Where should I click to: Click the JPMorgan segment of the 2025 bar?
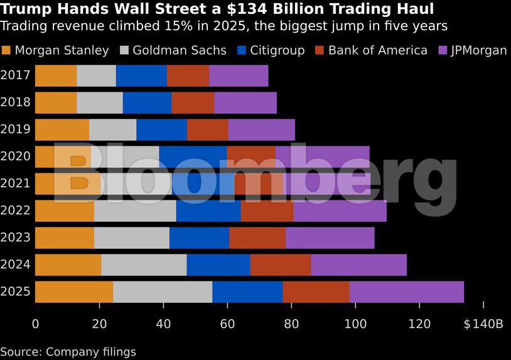point(406,292)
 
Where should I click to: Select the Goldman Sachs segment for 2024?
point(144,265)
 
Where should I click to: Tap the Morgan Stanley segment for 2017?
point(56,75)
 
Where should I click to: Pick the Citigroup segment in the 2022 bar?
point(208,211)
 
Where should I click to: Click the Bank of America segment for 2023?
point(257,238)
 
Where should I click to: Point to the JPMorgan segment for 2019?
point(261,129)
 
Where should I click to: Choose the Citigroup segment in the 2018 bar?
point(147,102)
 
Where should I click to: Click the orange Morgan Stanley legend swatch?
point(6,50)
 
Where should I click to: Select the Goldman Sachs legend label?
point(179,50)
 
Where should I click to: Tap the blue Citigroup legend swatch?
point(242,50)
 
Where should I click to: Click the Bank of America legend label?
point(377,50)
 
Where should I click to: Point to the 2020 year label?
point(15,156)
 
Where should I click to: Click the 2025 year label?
point(15,292)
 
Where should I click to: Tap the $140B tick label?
point(483,324)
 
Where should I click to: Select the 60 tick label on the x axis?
point(227,324)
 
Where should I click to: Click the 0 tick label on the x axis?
point(35,324)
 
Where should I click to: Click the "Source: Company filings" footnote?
point(68,352)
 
